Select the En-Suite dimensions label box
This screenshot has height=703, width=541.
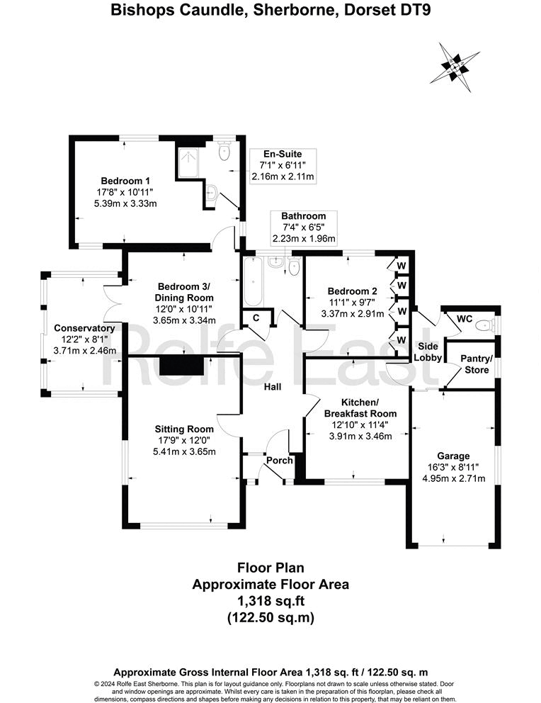click(x=283, y=164)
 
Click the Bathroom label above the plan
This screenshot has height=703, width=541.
click(x=303, y=216)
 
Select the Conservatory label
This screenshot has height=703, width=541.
click(x=84, y=328)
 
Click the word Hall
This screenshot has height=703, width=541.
click(x=273, y=387)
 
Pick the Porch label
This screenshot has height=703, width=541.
click(x=279, y=461)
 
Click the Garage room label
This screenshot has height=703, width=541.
click(x=452, y=456)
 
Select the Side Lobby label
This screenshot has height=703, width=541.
click(x=428, y=351)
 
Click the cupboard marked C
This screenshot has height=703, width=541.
click(x=256, y=320)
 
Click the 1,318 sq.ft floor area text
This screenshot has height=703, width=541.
click(x=270, y=601)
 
